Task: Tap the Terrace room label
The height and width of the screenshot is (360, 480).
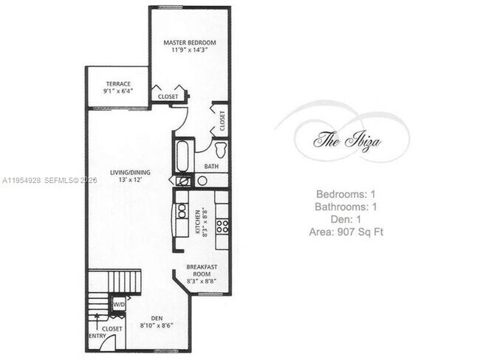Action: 117,84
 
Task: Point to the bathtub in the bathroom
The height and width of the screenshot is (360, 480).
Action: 182,156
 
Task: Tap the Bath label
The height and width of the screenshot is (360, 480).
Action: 211,167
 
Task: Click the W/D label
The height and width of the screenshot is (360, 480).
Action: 118,303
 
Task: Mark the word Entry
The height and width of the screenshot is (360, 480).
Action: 97,336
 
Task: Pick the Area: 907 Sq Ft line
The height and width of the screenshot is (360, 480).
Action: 346,232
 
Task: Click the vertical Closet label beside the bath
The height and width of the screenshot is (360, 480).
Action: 222,118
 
